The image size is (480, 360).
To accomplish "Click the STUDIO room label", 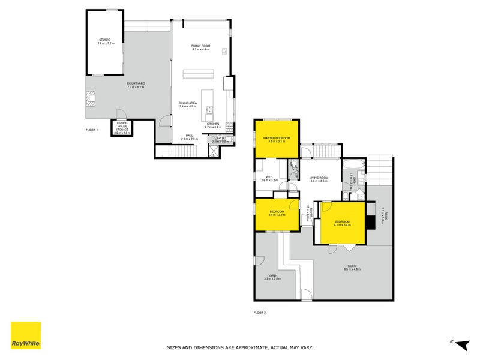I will coord(104,40).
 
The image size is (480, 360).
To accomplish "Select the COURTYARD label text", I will coord(136,83).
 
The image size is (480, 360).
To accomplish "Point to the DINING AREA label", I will coord(188,103).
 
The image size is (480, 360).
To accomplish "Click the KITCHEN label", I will coord(213,124).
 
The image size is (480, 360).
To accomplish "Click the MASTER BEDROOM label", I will coord(277,138).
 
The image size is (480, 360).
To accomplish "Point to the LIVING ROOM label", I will coord(319,178).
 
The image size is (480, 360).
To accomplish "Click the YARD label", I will coord(272,275).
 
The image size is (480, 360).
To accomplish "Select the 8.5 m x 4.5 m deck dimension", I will coord(352,269).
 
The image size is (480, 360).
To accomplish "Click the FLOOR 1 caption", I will coord(91,130).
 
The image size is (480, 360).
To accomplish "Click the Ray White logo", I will coord(26,335).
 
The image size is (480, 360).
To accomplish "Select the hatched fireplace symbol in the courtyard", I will coord(91,98).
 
